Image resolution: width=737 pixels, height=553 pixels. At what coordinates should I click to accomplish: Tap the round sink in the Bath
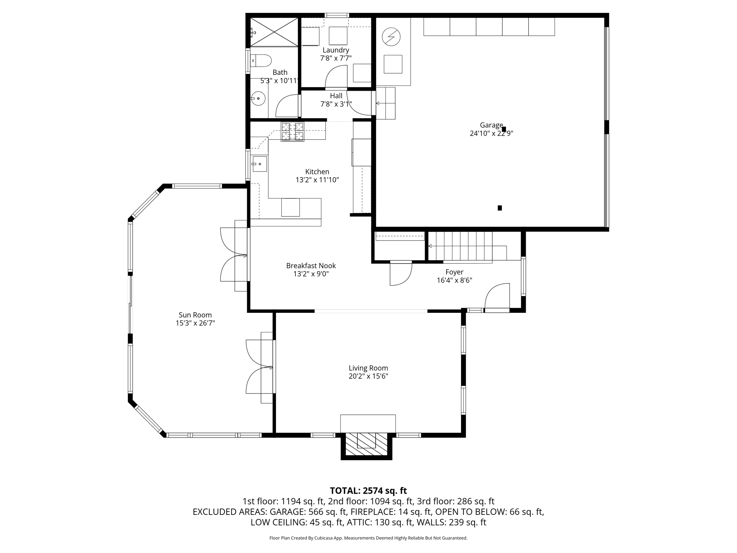(258, 98)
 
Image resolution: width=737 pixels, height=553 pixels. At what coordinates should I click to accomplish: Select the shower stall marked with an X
(274, 32)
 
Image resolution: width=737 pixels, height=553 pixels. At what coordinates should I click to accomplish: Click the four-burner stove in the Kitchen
(293, 131)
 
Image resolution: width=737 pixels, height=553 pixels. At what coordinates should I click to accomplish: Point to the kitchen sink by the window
(259, 164)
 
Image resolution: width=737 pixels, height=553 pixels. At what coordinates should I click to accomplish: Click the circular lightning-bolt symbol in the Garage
(391, 37)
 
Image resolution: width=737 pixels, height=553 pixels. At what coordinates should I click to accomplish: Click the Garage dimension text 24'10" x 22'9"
(491, 134)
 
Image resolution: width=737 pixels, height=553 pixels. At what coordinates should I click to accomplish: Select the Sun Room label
(195, 315)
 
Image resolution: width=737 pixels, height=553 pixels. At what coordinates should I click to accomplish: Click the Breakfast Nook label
(311, 266)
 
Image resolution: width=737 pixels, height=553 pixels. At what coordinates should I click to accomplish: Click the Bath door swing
(287, 106)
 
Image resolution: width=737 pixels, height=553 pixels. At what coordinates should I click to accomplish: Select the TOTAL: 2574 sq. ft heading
(368, 491)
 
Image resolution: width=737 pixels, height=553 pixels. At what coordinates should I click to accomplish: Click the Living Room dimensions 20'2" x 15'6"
(368, 376)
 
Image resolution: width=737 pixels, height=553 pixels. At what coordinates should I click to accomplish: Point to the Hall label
(336, 96)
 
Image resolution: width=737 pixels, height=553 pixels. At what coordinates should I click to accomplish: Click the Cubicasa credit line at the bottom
(368, 538)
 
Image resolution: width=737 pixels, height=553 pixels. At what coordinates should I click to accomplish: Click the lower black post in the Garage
(499, 208)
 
